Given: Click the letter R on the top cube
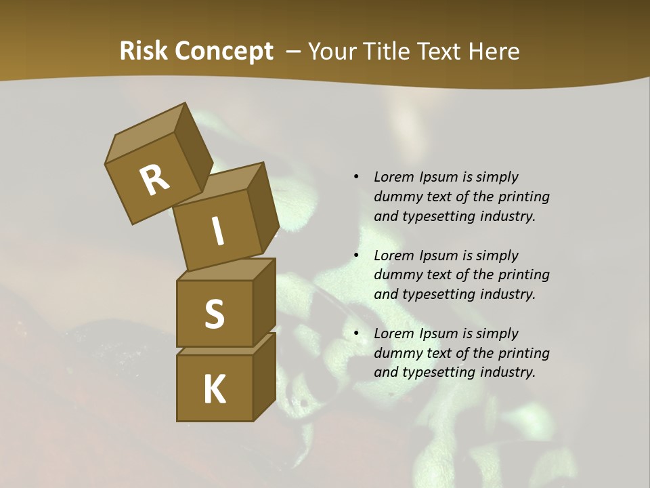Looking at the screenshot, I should (155, 180).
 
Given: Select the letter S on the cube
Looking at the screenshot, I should (214, 314).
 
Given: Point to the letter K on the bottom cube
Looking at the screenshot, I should (214, 390).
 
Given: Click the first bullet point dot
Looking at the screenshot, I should (356, 177).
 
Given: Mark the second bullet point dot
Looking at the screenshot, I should (356, 256).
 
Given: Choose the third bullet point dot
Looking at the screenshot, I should (356, 333).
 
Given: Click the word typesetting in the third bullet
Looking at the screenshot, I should (441, 372).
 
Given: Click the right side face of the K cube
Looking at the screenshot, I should (264, 376).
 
